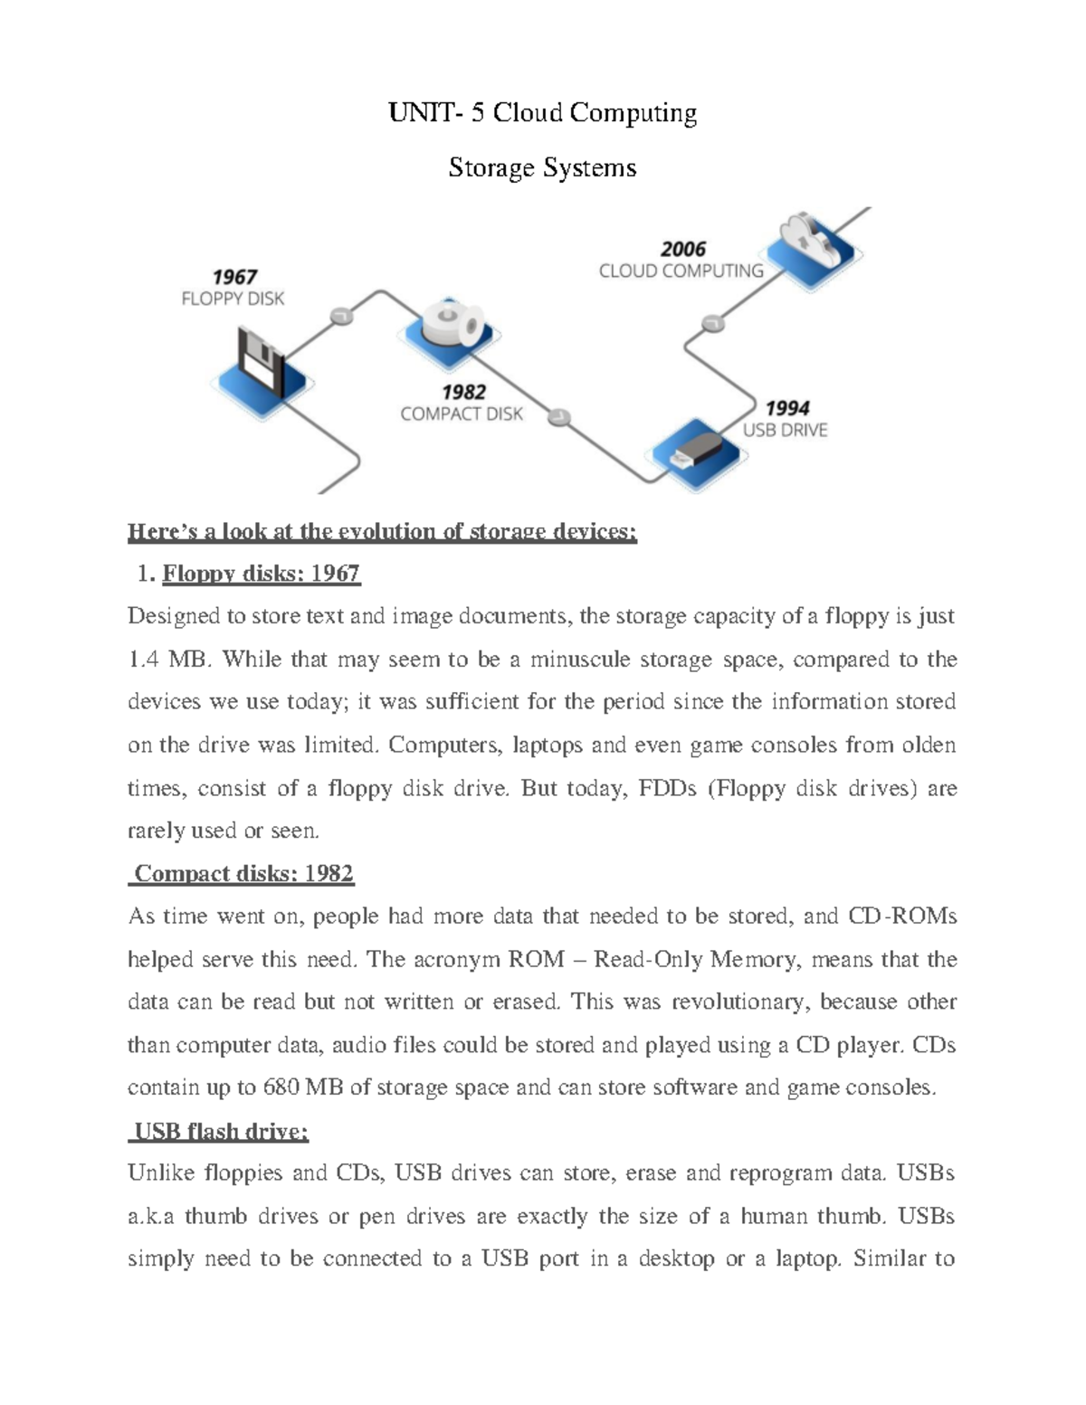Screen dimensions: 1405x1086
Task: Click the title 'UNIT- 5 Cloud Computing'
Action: (x=542, y=113)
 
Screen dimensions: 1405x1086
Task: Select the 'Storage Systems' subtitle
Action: (x=542, y=167)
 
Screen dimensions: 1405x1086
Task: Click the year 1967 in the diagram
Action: (x=234, y=277)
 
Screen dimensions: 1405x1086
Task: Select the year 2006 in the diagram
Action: (x=682, y=249)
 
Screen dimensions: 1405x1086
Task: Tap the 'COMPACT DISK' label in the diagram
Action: (x=462, y=414)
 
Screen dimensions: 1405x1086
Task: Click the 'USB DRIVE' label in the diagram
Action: (x=785, y=431)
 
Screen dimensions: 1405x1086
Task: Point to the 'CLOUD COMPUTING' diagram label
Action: (x=681, y=271)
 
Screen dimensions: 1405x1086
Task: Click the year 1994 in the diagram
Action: (x=786, y=408)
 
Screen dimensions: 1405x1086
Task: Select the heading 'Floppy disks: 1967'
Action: (x=261, y=574)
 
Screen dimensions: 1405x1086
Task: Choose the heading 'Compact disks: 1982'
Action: (x=243, y=874)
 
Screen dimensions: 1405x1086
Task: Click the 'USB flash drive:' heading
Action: (x=221, y=1132)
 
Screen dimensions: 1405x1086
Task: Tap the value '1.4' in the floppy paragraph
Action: (x=143, y=660)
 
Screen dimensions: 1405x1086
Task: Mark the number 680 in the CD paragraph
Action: (x=281, y=1087)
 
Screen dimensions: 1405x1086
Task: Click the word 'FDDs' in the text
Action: (x=667, y=788)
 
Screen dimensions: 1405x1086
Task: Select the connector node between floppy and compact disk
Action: (x=341, y=316)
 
